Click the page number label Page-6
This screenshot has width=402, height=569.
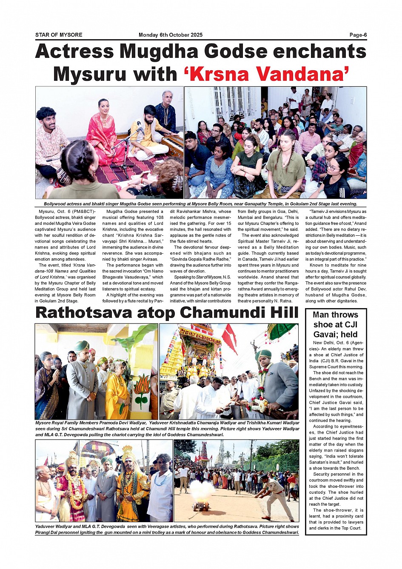coord(358,35)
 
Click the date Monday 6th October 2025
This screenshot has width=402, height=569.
coord(171,35)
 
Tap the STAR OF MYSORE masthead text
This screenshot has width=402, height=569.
coord(59,35)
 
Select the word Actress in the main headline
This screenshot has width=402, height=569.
coord(75,52)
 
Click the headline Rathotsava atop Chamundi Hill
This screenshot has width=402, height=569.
coord(167,312)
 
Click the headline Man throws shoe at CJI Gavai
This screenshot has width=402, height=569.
coord(335,324)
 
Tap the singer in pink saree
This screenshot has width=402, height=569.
coord(102,132)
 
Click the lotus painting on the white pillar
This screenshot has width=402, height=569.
coord(142,389)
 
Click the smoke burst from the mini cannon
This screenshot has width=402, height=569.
coord(202,489)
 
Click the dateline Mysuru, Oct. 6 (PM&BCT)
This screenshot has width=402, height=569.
coord(67,212)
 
